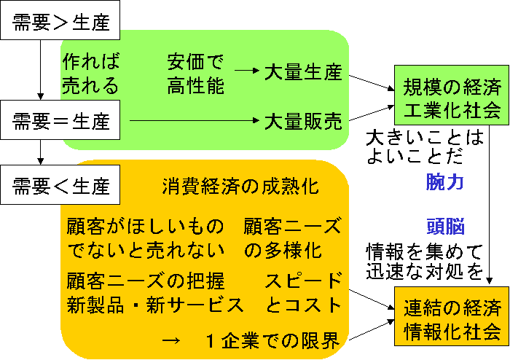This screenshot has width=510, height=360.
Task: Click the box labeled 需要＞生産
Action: click(61, 23)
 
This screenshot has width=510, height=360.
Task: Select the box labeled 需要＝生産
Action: click(61, 118)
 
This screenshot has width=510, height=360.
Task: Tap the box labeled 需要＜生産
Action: click(61, 186)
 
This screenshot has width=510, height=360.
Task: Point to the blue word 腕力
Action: click(445, 182)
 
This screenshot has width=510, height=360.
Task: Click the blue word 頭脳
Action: click(445, 226)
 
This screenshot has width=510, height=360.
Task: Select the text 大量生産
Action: click(303, 72)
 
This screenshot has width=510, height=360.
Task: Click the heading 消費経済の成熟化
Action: click(240, 186)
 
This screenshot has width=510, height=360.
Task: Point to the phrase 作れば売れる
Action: click(90, 74)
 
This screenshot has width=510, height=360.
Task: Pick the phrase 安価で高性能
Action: click(195, 74)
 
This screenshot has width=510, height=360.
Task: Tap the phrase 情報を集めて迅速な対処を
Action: click(424, 262)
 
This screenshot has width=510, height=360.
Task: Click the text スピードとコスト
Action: click(303, 292)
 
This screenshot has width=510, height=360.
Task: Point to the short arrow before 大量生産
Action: click(248, 71)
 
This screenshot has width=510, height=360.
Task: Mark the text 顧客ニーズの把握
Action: click(146, 281)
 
